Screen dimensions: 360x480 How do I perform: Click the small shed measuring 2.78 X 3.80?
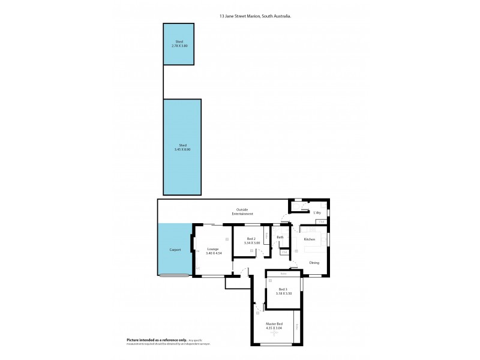pyautogui.click(x=179, y=44)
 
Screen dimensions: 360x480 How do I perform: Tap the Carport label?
pyautogui.click(x=175, y=249)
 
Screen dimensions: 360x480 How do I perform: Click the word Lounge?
pyautogui.click(x=212, y=249)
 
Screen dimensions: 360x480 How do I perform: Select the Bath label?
pyautogui.click(x=280, y=238)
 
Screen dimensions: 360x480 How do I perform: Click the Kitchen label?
pyautogui.click(x=310, y=240)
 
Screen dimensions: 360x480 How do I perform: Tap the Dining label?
pyautogui.click(x=314, y=263)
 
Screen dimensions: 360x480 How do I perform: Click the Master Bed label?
pyautogui.click(x=274, y=324)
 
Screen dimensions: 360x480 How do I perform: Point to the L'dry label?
pyautogui.click(x=317, y=213)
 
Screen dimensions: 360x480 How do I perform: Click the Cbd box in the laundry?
pyautogui.click(x=322, y=222)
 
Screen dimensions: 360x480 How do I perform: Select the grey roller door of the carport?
pyautogui.click(x=173, y=275)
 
